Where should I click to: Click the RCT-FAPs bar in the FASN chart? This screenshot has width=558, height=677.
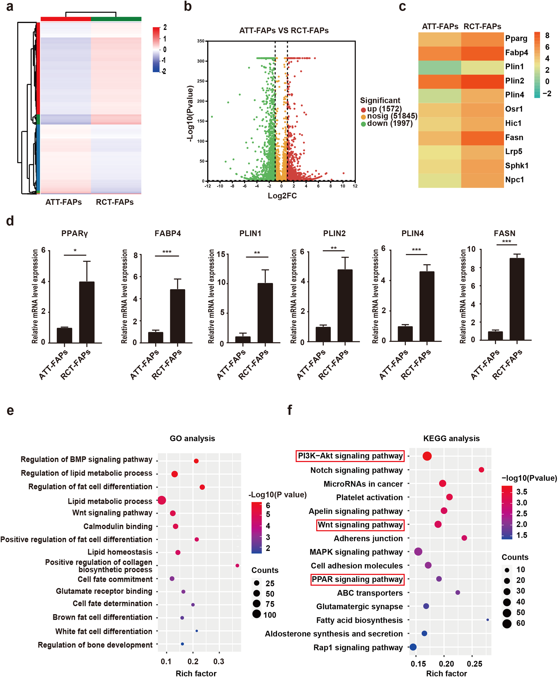(517, 299)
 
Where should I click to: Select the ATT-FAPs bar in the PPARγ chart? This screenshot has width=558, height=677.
(64, 335)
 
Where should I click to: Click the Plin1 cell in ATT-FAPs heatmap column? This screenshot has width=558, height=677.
(439, 68)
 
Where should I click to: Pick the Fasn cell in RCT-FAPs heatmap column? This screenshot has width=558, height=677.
(482, 138)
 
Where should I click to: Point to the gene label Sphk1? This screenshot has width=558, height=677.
(516, 166)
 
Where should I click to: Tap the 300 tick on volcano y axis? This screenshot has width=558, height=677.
(201, 61)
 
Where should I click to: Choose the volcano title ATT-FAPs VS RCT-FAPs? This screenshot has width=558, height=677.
(284, 31)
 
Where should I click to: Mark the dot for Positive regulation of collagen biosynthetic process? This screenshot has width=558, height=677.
(237, 565)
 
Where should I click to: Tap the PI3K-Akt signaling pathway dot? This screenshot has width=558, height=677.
(427, 456)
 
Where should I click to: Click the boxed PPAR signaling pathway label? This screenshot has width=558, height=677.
(357, 579)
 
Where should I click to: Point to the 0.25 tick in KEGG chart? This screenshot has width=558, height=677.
(474, 664)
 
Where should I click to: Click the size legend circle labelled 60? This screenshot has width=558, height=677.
(507, 623)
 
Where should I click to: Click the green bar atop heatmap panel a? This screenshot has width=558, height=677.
(116, 19)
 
